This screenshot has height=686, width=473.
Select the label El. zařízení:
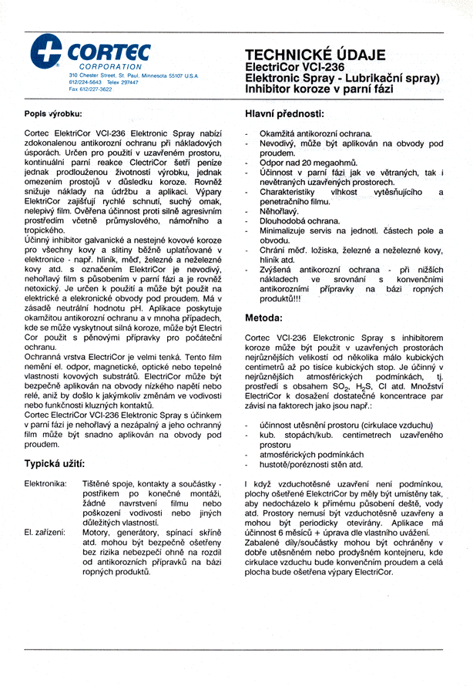click(45, 531)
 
